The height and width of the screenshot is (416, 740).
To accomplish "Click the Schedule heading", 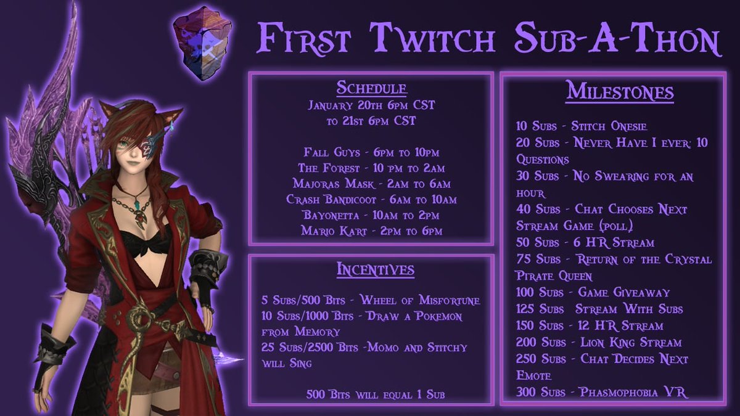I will pyautogui.click(x=371, y=88).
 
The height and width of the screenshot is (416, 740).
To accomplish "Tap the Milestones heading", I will pyautogui.click(x=619, y=92).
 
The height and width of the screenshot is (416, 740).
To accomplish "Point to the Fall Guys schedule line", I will pyautogui.click(x=371, y=152).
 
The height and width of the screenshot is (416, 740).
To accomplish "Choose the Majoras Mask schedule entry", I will pyautogui.click(x=371, y=184).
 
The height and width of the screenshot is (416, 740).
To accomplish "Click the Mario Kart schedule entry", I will pyautogui.click(x=371, y=231).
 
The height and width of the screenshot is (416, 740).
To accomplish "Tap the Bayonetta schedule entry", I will pyautogui.click(x=371, y=215).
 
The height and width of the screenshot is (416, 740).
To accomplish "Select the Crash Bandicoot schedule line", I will pyautogui.click(x=371, y=200).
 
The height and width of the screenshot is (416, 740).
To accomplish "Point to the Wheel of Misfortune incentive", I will pyautogui.click(x=371, y=300).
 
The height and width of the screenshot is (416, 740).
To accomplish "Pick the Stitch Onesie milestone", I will pyautogui.click(x=582, y=126).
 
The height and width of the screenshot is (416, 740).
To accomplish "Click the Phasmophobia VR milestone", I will pyautogui.click(x=602, y=393).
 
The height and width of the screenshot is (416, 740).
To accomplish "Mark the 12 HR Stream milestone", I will pyautogui.click(x=590, y=325).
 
